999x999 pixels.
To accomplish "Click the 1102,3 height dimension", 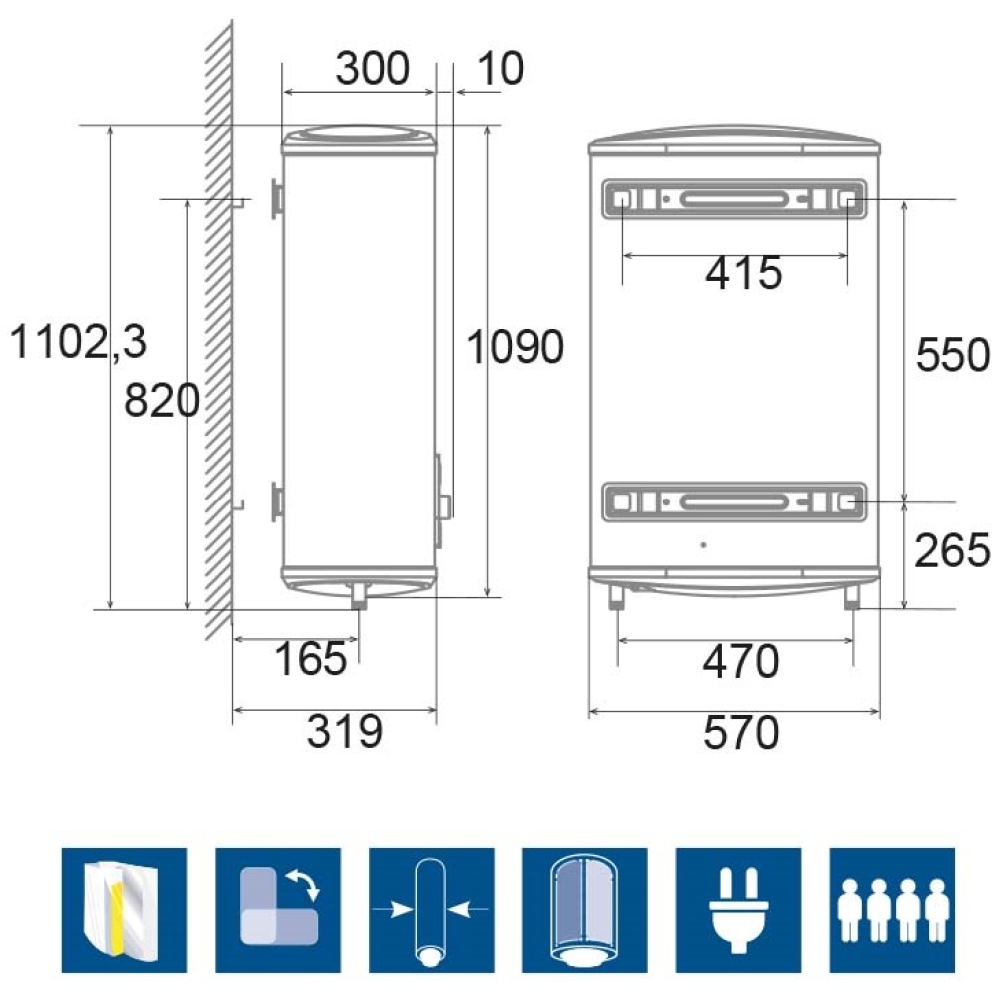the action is pos(78,342).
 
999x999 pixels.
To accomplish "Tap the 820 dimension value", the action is pos(162,401).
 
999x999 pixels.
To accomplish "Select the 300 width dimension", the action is pos(372,68).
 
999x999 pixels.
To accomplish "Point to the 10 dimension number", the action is pos(500,68).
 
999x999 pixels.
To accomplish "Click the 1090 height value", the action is pos(514,348).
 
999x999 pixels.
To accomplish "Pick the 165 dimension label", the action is pos(311,658).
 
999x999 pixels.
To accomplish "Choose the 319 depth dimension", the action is pos(345,731).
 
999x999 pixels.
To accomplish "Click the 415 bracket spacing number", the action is pos(743,274).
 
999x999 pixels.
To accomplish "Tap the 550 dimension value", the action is pos(952,355).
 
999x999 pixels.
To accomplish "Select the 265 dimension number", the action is pos(952,550).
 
